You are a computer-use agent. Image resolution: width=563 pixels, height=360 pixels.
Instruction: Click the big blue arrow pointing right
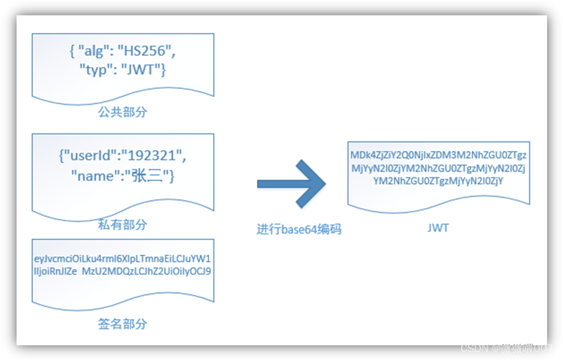click(292, 183)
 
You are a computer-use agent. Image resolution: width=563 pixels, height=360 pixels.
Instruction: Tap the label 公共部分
click(123, 112)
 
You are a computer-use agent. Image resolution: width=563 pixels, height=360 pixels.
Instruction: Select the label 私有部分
click(123, 224)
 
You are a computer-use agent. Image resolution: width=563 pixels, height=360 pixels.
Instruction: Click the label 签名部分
click(123, 323)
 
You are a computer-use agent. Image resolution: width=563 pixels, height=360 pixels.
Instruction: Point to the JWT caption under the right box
click(438, 228)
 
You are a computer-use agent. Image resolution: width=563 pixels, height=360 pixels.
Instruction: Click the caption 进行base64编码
click(299, 229)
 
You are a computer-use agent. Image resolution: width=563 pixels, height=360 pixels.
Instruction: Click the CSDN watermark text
click(507, 348)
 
